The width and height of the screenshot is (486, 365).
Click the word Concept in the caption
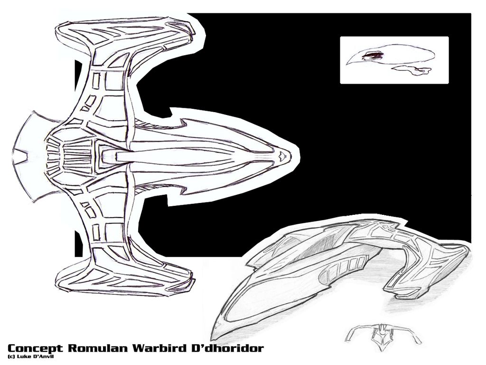pos(36,348)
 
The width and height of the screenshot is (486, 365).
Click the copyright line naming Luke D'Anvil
pos(30,356)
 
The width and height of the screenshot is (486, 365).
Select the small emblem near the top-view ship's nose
pos(283,154)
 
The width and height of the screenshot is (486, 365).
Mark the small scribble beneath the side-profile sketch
pos(412,70)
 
